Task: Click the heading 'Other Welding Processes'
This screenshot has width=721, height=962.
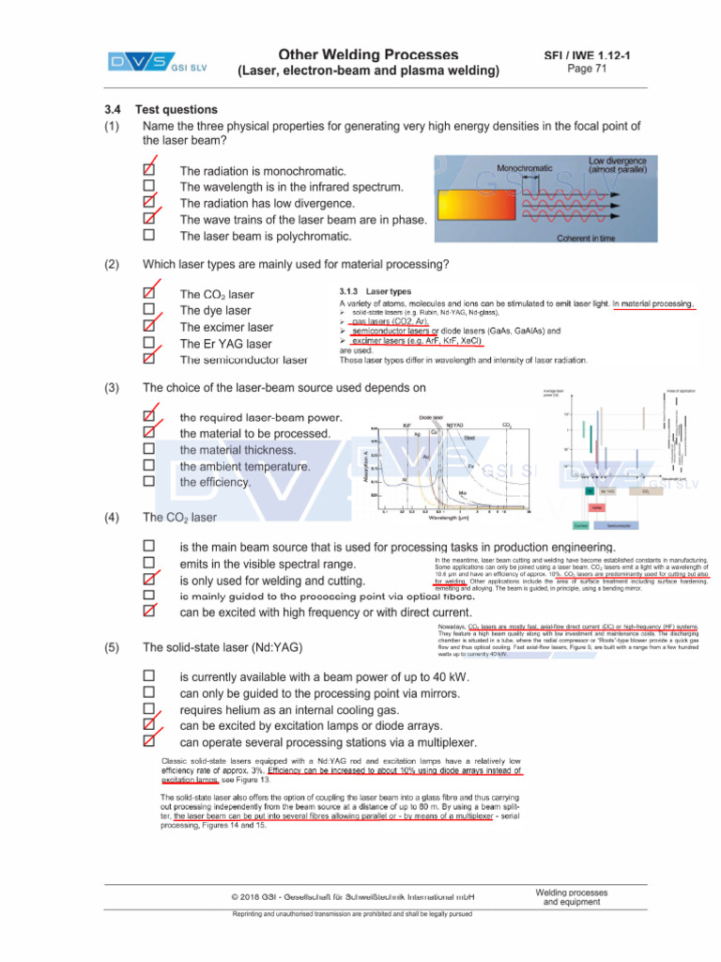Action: point(368,54)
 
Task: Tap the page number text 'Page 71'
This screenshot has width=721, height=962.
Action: point(588,69)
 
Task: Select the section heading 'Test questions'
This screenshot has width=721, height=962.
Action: point(176,110)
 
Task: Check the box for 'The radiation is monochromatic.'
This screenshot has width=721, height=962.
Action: point(148,171)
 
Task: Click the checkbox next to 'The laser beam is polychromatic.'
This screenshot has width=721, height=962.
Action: point(148,235)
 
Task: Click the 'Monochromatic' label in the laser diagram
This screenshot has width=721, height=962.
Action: point(524,168)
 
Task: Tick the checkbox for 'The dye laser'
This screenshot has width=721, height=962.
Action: point(148,309)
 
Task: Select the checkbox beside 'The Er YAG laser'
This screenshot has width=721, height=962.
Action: point(148,343)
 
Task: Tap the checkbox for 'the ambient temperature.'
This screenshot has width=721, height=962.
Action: point(148,465)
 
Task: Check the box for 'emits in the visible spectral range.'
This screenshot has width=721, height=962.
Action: point(148,563)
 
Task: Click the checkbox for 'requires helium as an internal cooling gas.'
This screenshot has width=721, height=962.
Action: point(148,708)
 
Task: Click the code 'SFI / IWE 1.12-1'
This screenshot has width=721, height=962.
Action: point(588,55)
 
